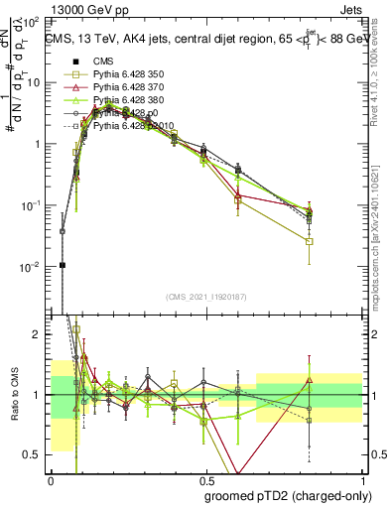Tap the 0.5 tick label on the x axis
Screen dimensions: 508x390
click(205, 481)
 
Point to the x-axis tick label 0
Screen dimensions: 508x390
click(51, 481)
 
